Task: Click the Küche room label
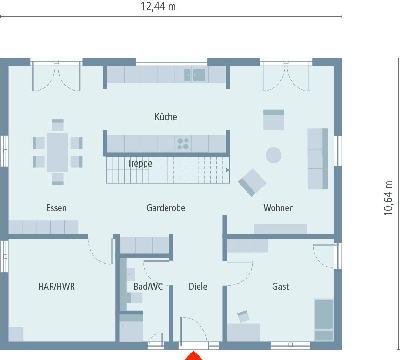(x=166, y=117)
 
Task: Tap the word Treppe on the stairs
(x=140, y=163)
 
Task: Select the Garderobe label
(x=166, y=208)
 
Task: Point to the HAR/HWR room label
(x=56, y=287)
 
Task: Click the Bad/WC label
(x=148, y=287)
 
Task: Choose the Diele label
(x=198, y=287)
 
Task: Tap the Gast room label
(x=280, y=287)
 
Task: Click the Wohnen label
(x=279, y=208)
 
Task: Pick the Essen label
(x=56, y=208)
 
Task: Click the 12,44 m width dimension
(x=158, y=7)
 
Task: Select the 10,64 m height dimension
(x=388, y=198)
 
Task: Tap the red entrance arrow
(x=193, y=356)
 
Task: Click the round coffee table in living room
(x=273, y=155)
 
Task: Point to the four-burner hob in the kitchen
(x=183, y=143)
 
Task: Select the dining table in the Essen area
(x=57, y=152)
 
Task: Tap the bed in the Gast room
(x=324, y=320)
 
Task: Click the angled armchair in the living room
(x=252, y=182)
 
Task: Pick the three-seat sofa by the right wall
(x=318, y=159)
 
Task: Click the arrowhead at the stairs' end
(x=228, y=170)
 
